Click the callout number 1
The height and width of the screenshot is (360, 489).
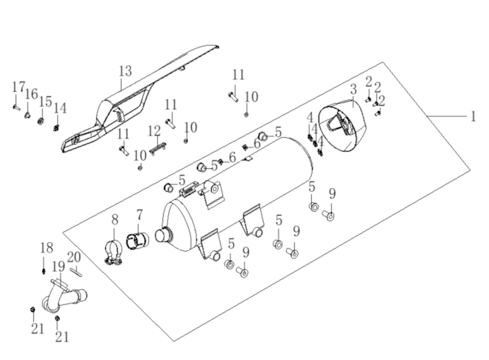coord(473,116)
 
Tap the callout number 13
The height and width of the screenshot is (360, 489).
coord(124,71)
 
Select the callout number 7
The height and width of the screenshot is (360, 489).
coord(139,216)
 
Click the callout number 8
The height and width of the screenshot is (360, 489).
coord(115,219)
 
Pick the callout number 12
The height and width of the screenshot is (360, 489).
coord(153,131)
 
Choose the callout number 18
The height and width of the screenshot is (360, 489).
coord(45,247)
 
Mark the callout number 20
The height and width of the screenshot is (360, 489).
coord(73,257)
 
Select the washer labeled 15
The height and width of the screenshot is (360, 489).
coord(41,121)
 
